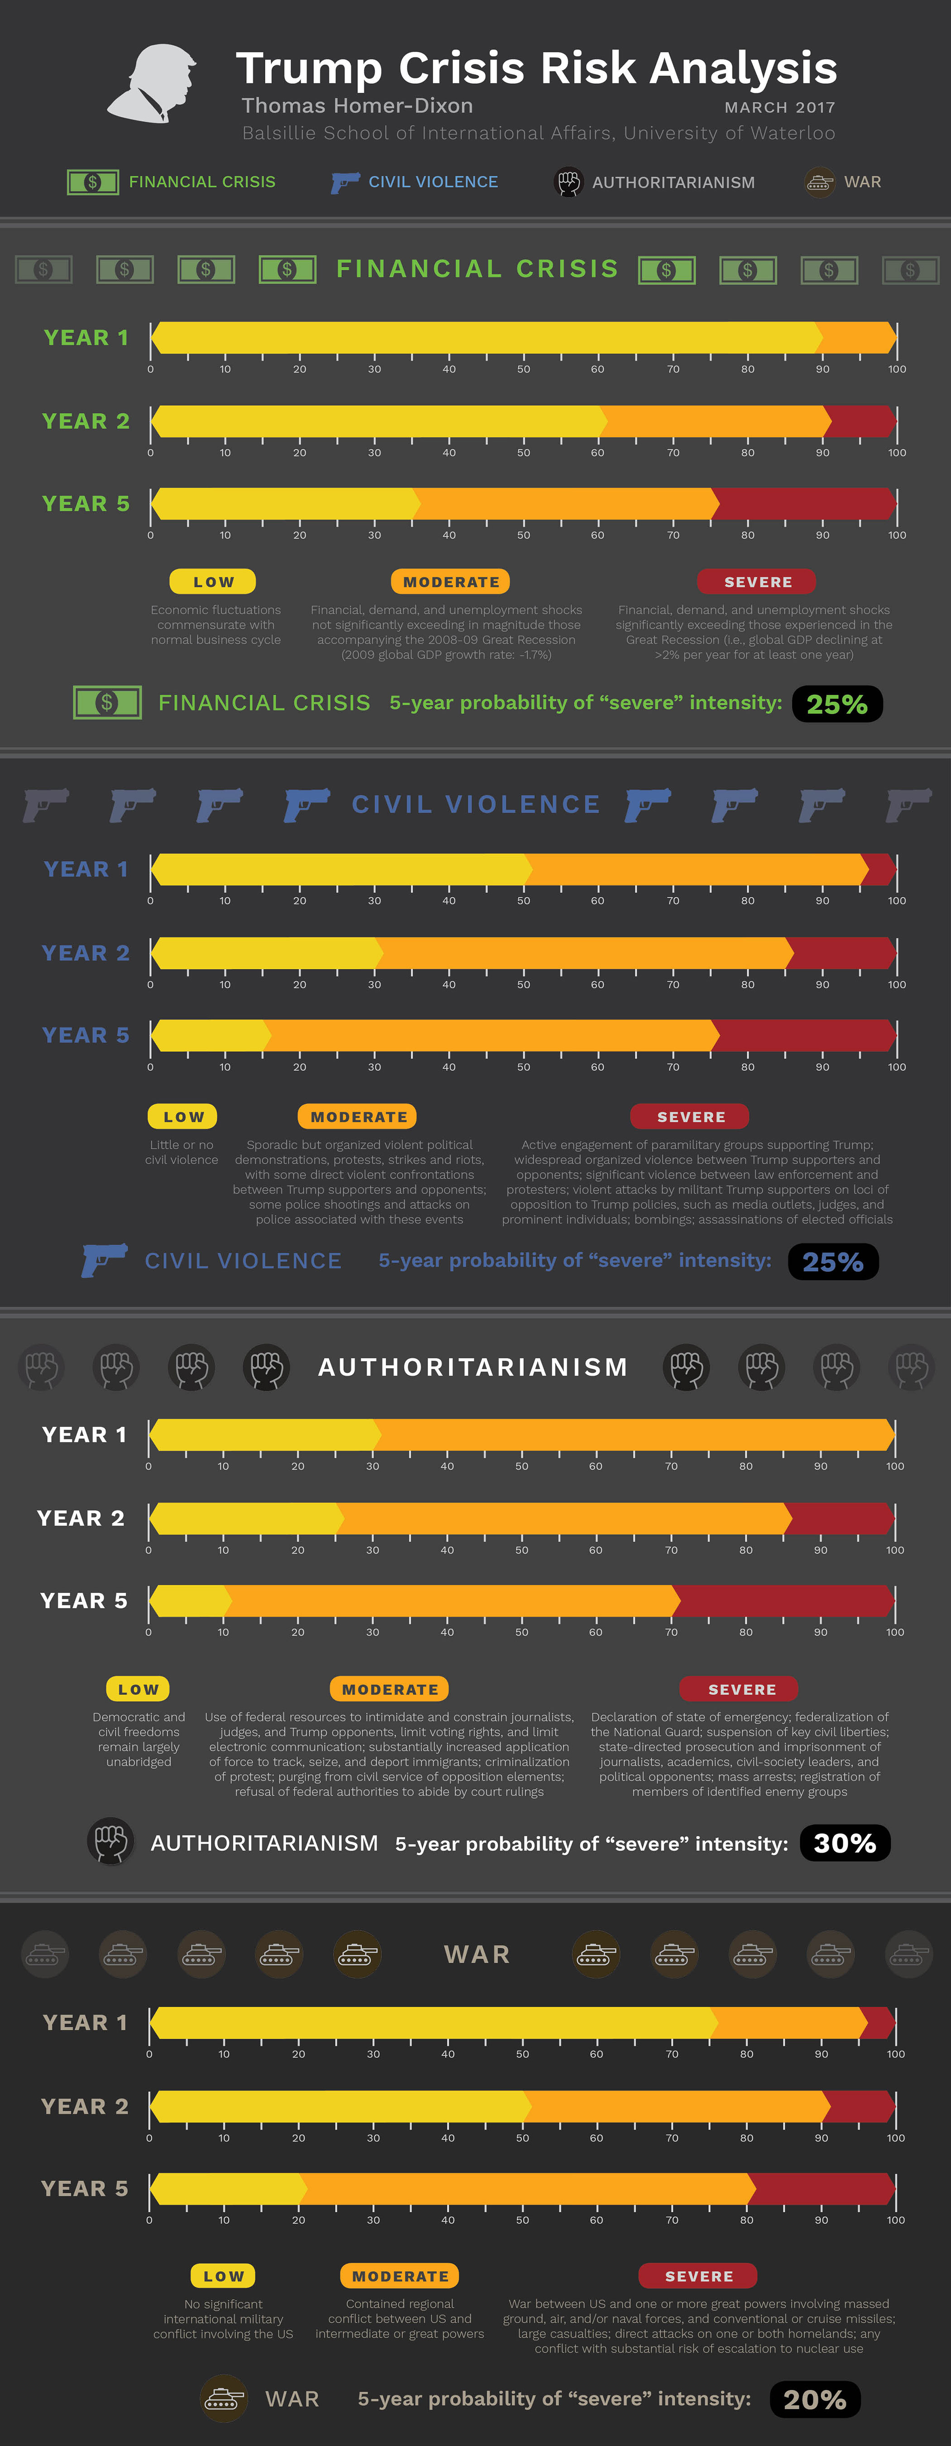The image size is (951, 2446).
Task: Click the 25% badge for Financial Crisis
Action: click(837, 703)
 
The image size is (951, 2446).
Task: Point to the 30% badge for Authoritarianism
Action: click(845, 1843)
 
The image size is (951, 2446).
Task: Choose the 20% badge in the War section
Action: click(814, 2399)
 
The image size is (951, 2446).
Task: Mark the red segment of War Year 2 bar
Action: click(859, 2106)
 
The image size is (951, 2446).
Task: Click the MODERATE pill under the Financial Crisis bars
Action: click(451, 581)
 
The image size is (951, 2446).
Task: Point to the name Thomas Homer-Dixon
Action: click(357, 106)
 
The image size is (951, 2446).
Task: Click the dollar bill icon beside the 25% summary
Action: click(107, 703)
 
